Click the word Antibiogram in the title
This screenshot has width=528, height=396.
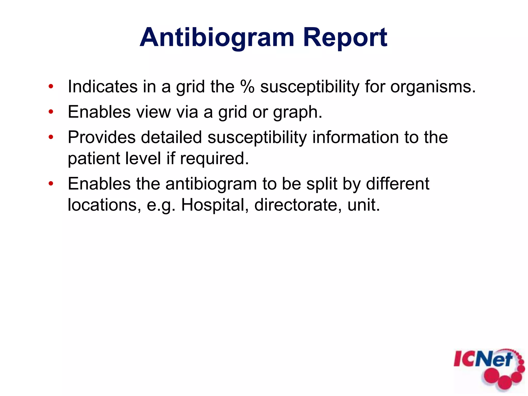(x=217, y=38)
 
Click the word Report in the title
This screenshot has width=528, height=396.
(x=345, y=38)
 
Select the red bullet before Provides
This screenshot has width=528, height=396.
(x=51, y=137)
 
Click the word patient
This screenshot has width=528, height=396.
(x=93, y=159)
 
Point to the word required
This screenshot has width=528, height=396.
(x=214, y=159)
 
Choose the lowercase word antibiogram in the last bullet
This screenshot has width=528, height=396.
(x=211, y=184)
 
